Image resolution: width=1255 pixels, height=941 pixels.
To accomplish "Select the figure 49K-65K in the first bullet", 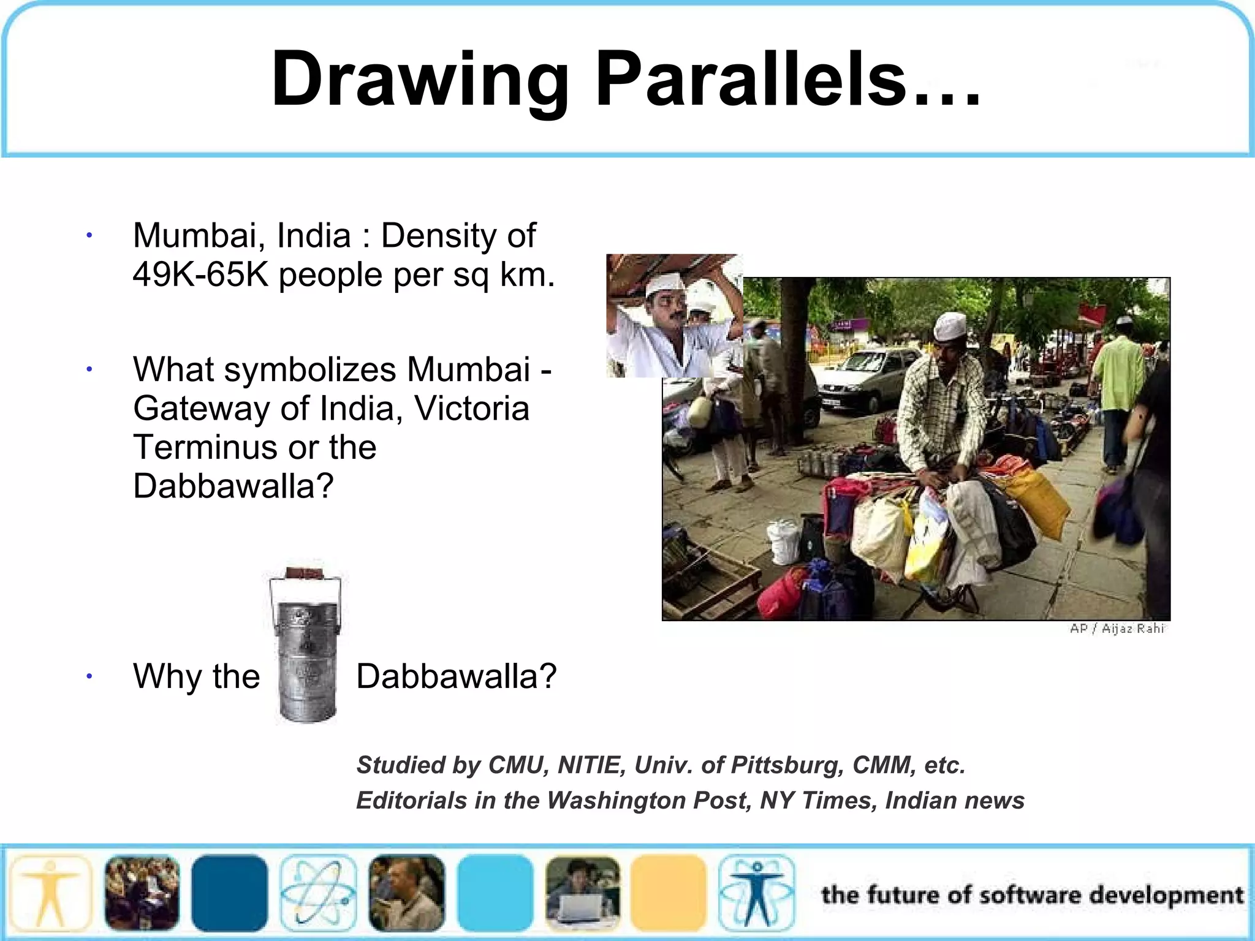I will click(200, 274).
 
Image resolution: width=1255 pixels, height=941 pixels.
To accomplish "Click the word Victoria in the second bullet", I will click(471, 408).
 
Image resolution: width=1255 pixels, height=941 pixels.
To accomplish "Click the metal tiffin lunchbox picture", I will click(306, 643).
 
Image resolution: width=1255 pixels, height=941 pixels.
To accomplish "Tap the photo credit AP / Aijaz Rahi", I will click(1117, 629).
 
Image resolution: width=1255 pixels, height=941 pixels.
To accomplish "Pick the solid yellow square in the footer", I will click(669, 893).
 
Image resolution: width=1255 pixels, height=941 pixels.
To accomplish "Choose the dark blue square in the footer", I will click(229, 893).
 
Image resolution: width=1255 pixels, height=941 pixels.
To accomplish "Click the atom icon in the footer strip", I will click(318, 893).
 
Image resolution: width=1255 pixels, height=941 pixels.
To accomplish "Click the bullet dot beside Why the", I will click(89, 676).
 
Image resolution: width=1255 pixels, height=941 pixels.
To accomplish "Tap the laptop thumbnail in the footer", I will click(582, 893).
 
